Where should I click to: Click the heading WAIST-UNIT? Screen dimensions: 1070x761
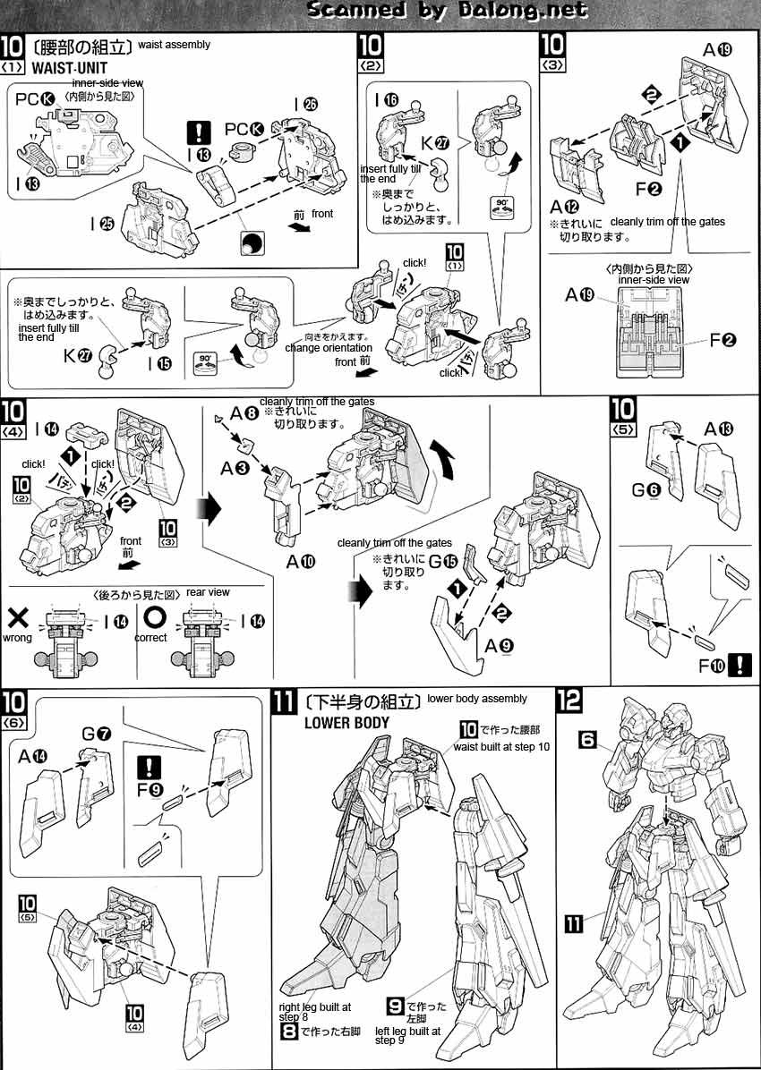[69, 67]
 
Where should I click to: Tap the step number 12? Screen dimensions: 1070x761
[568, 701]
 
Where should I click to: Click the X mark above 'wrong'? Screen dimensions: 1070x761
[19, 617]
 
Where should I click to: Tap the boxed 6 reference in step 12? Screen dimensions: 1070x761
[587, 739]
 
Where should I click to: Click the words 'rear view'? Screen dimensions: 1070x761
[208, 592]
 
